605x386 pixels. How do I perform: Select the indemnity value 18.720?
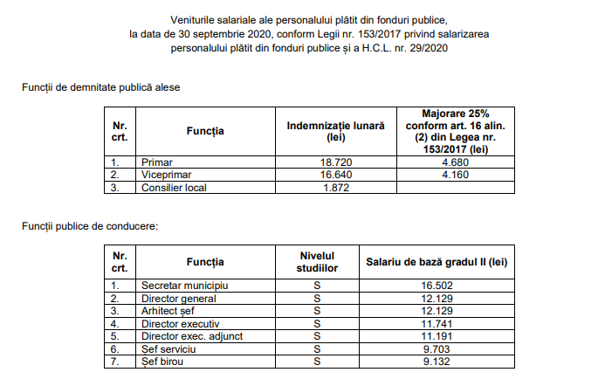(x=335, y=162)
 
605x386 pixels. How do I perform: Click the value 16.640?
(x=335, y=175)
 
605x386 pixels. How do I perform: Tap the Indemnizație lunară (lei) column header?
(x=335, y=131)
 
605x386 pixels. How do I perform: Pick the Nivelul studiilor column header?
(x=318, y=261)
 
